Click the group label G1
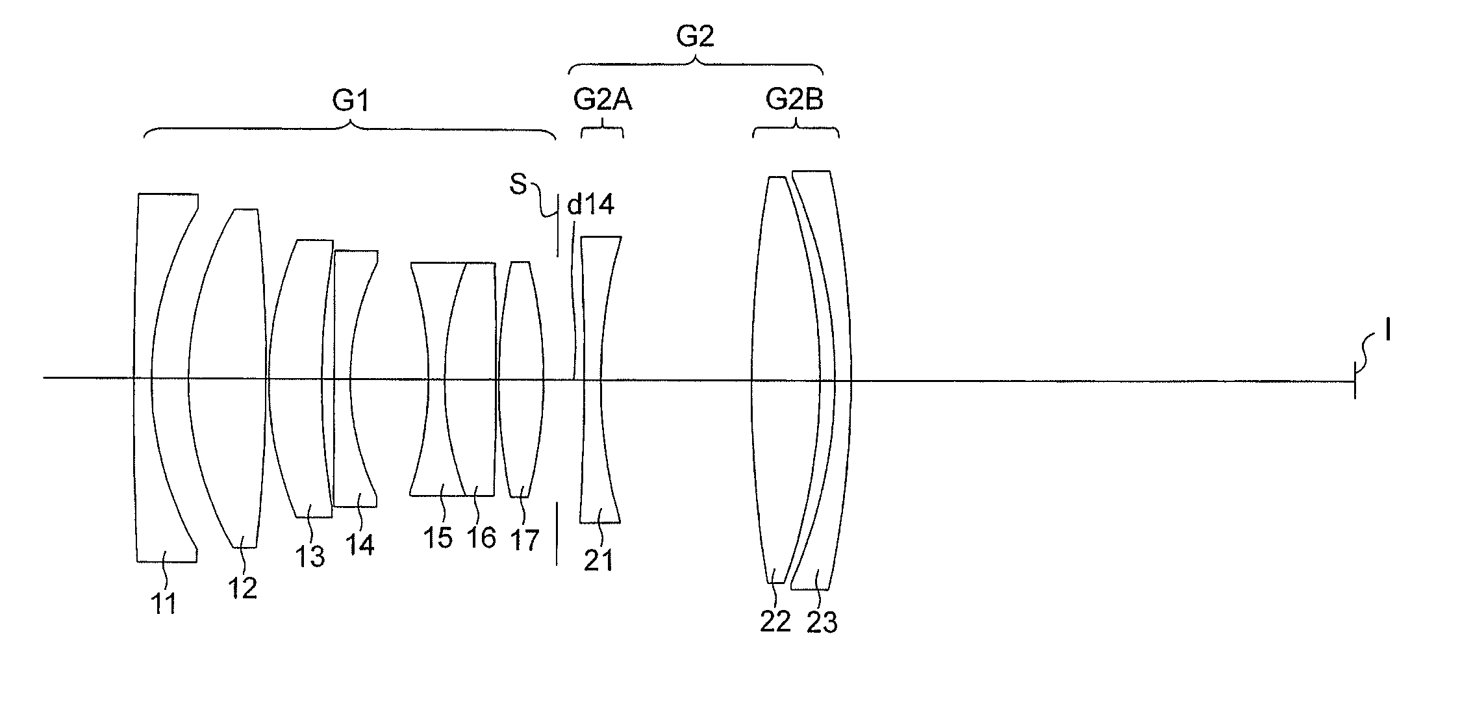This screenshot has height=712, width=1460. point(351,101)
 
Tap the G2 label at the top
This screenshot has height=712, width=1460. point(695,36)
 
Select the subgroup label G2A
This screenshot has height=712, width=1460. point(603,100)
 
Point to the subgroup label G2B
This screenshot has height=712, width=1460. point(794,100)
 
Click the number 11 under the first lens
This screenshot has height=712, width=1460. point(164,605)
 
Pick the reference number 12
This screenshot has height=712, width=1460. point(242,589)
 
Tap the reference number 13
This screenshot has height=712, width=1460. point(310,557)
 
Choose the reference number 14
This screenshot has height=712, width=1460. point(360,544)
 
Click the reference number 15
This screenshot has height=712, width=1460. point(438,538)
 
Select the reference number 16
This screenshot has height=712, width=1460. point(481,538)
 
